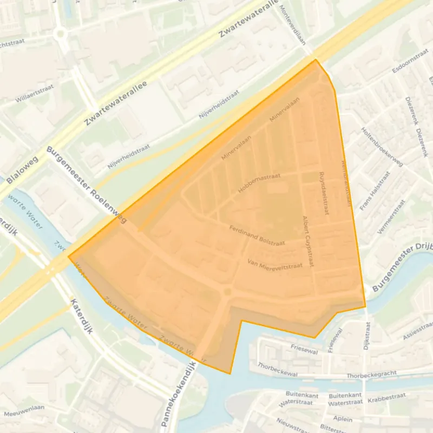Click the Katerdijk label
click(82, 317)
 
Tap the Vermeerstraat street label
click(390, 216)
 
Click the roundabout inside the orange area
click(227, 293)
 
